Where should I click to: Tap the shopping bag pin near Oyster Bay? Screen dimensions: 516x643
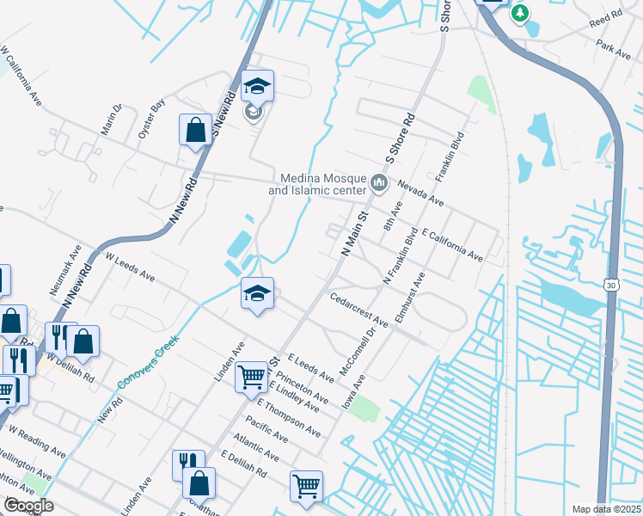coord(195,132)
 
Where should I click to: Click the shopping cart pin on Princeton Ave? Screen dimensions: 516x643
coord(251,376)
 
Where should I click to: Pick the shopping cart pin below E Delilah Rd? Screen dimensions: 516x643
coord(306,487)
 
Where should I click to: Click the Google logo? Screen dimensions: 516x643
coord(28,506)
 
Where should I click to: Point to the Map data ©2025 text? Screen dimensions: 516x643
coord(605,509)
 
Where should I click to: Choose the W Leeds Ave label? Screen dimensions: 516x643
coord(130,267)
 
